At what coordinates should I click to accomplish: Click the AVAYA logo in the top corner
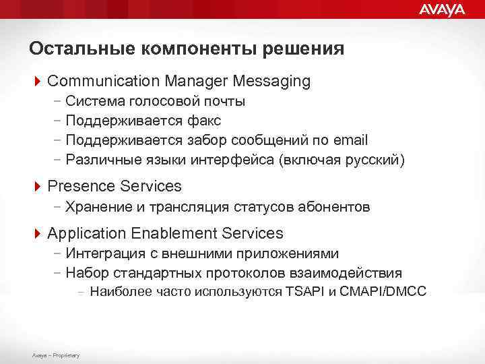tap(442, 9)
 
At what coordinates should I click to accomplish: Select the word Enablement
tap(173, 233)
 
